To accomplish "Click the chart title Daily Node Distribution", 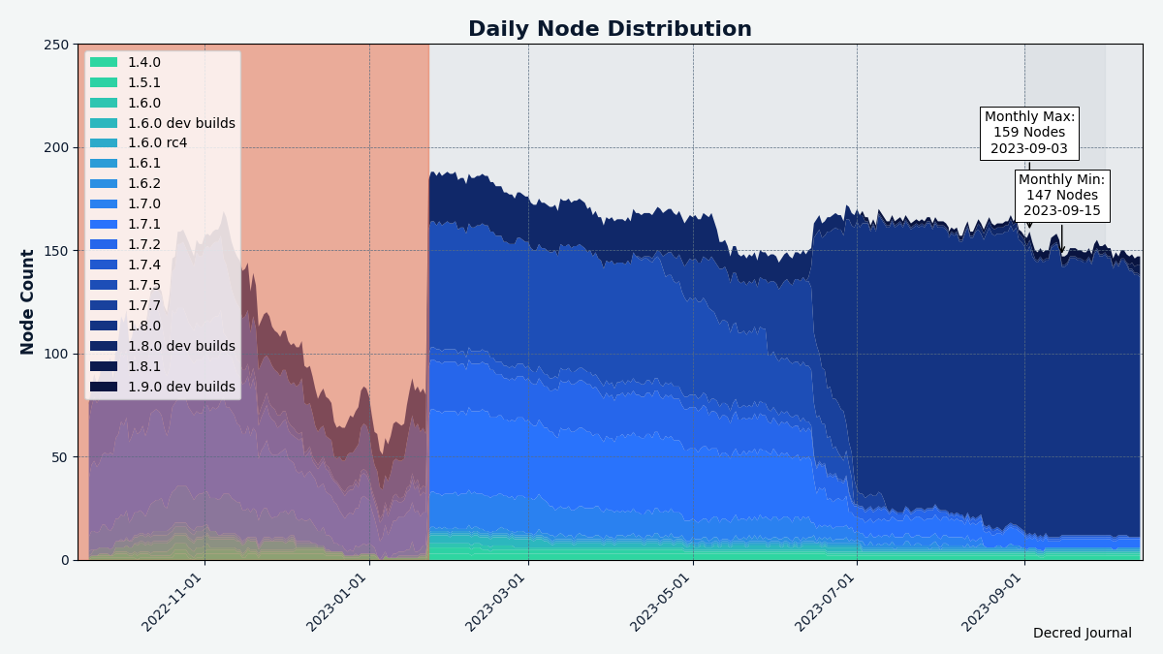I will [x=610, y=29].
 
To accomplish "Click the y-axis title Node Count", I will [x=28, y=301].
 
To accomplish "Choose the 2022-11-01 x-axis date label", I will [x=173, y=602].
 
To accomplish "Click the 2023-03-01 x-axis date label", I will [x=496, y=602].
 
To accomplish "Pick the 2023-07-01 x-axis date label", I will [x=825, y=602].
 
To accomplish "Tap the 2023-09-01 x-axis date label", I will [x=992, y=602].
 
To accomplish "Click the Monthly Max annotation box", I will [x=1029, y=133].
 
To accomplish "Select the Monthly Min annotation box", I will [x=1061, y=196].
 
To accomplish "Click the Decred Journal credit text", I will [x=1082, y=633].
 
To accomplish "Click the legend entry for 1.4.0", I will [x=144, y=62].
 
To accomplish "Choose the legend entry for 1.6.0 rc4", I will [x=157, y=143].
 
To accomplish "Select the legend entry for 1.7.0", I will [x=144, y=204].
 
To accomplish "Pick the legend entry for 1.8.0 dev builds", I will [x=181, y=346].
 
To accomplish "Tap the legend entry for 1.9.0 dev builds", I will [x=181, y=387].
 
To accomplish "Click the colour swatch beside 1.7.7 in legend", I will [x=104, y=305].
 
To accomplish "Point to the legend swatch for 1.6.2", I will [x=104, y=184].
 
